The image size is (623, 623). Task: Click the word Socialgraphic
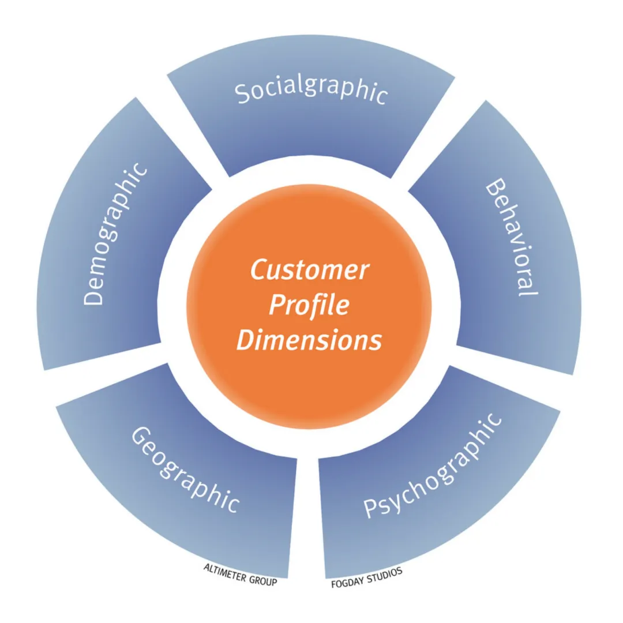(x=311, y=92)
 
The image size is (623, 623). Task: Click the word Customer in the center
(x=309, y=270)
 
